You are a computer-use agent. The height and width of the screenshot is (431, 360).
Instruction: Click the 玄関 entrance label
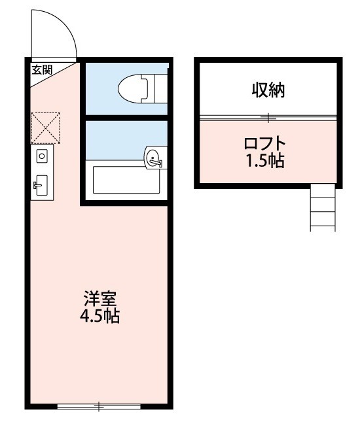[x=43, y=69]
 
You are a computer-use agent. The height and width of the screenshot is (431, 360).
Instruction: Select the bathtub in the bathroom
[x=127, y=180]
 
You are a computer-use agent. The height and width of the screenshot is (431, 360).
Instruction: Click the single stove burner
[x=42, y=156]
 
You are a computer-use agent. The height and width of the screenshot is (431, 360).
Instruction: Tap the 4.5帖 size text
[x=100, y=318]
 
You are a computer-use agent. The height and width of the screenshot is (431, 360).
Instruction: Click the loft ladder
[x=322, y=207]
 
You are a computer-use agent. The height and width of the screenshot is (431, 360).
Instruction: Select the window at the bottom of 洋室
[x=99, y=407]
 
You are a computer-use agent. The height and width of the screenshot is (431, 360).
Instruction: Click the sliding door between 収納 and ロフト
[x=268, y=118]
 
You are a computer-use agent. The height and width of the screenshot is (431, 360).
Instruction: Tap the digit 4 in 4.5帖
[x=86, y=319]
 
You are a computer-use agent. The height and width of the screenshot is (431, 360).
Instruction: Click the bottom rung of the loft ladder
[x=322, y=226]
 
